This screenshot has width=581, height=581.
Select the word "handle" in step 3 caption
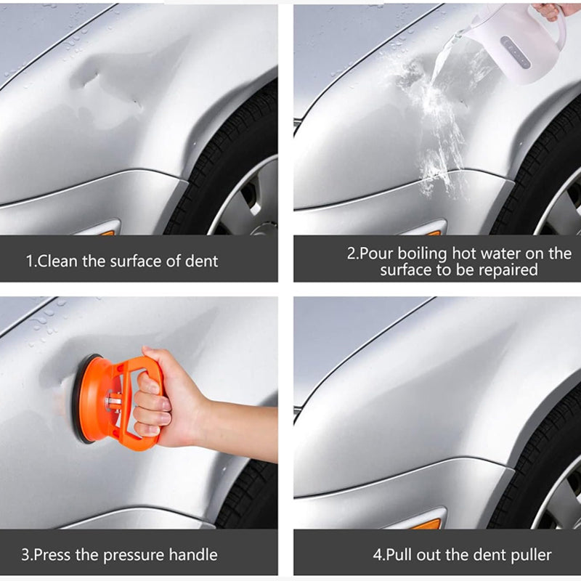[x=193, y=555]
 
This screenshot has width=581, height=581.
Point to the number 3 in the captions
[x=25, y=555]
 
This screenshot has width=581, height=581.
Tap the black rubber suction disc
[x=81, y=399]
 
